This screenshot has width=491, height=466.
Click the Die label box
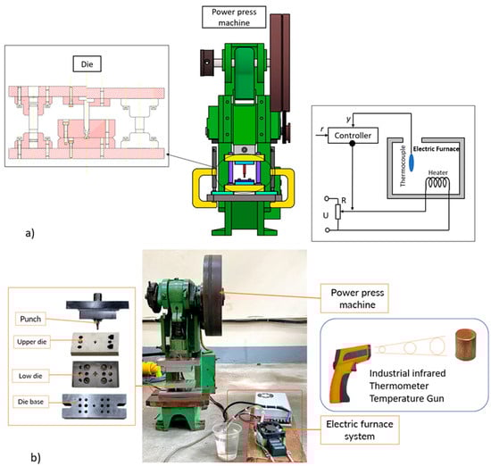pyautogui.click(x=87, y=64)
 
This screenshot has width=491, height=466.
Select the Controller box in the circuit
pyautogui.click(x=353, y=136)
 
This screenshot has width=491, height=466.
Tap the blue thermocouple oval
pyautogui.click(x=412, y=162)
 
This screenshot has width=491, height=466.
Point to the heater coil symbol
pyautogui.click(x=437, y=182)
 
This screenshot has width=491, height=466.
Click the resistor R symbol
pyautogui.click(x=337, y=212)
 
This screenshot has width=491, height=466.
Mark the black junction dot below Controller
pyautogui.click(x=353, y=144)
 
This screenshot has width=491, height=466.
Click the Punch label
pyautogui.click(x=30, y=319)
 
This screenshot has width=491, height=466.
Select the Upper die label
pyautogui.click(x=31, y=342)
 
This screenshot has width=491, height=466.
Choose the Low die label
pyautogui.click(x=30, y=376)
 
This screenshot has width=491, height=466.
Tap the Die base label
pyautogui.click(x=30, y=402)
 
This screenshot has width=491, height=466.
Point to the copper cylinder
pyautogui.click(x=466, y=345)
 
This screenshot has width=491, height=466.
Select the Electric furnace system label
pyautogui.click(x=360, y=430)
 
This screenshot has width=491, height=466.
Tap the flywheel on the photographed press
pyautogui.click(x=212, y=295)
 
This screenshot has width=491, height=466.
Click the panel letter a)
pyautogui.click(x=30, y=233)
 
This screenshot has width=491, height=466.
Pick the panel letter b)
pyautogui.click(x=36, y=458)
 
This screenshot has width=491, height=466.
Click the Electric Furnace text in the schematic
pyautogui.click(x=437, y=149)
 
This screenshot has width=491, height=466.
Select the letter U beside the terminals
pyautogui.click(x=326, y=215)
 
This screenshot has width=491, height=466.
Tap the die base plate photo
pyautogui.click(x=95, y=406)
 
